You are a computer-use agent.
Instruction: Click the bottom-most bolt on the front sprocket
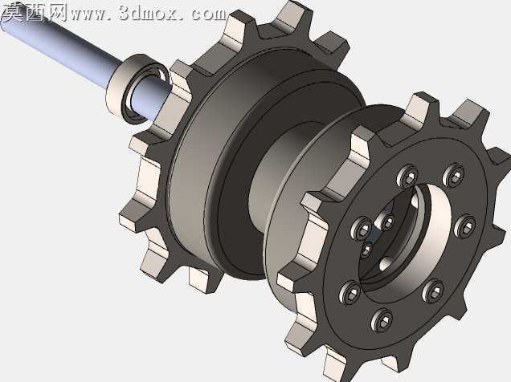click(382, 320)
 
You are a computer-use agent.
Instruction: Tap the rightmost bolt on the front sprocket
click(464, 226)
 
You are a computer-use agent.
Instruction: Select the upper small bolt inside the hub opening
click(386, 222)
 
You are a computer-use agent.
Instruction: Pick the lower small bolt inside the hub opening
click(367, 250)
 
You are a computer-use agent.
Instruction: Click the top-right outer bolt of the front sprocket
click(454, 176)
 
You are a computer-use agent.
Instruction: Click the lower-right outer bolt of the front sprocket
click(433, 291)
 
